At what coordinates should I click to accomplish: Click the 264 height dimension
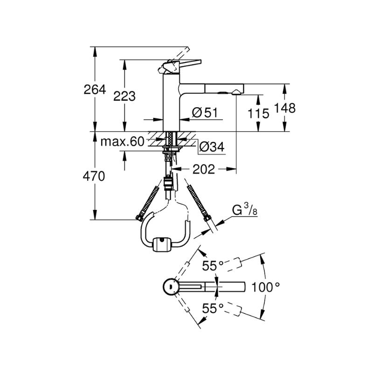coord(95,90)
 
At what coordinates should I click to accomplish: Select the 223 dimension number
coord(124,97)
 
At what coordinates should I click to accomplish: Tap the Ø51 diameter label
coord(205,112)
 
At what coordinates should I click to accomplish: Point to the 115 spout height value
coord(258,113)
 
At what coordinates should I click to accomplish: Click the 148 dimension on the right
coord(285,108)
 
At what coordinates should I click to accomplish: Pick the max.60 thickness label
coord(122,142)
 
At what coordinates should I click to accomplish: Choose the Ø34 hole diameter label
coord(212,147)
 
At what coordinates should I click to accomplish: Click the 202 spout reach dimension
coord(204,169)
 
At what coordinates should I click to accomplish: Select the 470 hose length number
coord(94,176)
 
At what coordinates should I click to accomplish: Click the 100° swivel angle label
coord(265,287)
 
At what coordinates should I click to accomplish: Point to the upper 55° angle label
coord(213,265)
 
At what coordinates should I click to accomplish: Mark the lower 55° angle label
coord(213,309)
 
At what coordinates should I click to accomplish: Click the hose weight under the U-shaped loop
coord(162,244)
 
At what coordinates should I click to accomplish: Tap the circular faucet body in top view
coord(171,287)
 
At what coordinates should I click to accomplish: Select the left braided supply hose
coord(147,203)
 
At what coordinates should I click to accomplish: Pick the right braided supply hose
coord(199,203)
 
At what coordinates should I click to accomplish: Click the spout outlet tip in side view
coord(236,92)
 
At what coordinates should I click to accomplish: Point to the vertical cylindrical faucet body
coord(171,102)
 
